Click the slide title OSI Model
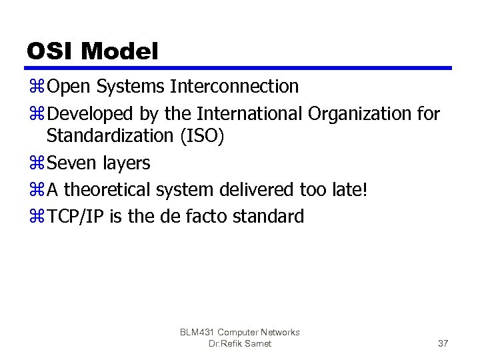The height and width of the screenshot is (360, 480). (93, 51)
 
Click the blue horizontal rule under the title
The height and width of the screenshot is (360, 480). (239, 68)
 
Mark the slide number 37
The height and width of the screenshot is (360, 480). (443, 343)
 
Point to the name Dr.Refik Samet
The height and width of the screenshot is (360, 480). (240, 343)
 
